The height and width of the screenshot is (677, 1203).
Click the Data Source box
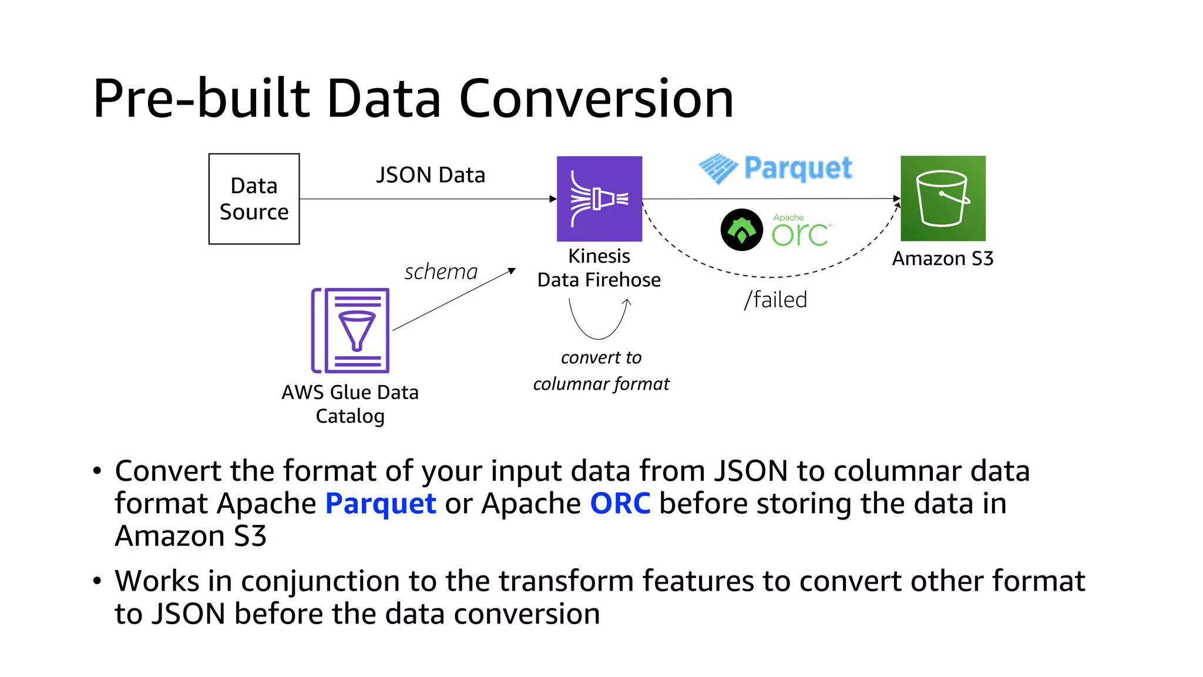pyautogui.click(x=254, y=199)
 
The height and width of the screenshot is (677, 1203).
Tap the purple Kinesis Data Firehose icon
pyautogui.click(x=599, y=199)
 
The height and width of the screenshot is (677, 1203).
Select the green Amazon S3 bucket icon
pyautogui.click(x=943, y=198)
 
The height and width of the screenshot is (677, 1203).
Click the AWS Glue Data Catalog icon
pyautogui.click(x=351, y=330)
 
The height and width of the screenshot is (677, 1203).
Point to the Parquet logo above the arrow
pyautogui.click(x=775, y=169)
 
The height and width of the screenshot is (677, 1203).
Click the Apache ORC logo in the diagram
pyautogui.click(x=775, y=230)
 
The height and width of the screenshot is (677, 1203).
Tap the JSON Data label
pyautogui.click(x=431, y=175)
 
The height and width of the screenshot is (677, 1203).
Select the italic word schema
pyautogui.click(x=441, y=272)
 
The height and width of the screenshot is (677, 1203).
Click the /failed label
pyautogui.click(x=775, y=300)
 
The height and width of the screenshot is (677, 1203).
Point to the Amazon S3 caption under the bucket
pyautogui.click(x=943, y=259)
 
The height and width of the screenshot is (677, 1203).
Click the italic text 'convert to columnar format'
pyautogui.click(x=601, y=371)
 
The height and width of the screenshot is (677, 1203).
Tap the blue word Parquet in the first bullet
pyautogui.click(x=381, y=504)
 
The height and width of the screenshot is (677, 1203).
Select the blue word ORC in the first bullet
pyautogui.click(x=620, y=504)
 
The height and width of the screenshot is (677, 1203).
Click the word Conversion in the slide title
pyautogui.click(x=596, y=99)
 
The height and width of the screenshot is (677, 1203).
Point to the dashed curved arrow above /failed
pyautogui.click(x=769, y=276)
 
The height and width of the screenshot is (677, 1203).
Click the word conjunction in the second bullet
pyautogui.click(x=320, y=581)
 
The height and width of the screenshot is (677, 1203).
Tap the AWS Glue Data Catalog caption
pyautogui.click(x=350, y=404)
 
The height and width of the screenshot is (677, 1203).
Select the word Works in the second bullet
pyautogui.click(x=157, y=581)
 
